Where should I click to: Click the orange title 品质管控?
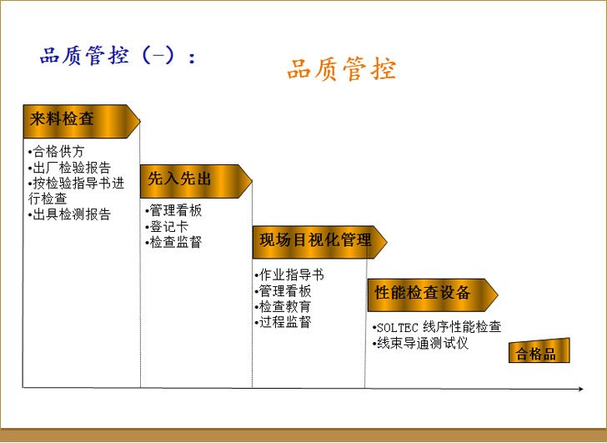(342, 69)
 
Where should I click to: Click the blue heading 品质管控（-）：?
(118, 55)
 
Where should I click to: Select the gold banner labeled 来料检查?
(82, 121)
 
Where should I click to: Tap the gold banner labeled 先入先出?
(196, 181)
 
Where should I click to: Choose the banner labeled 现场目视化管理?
(320, 242)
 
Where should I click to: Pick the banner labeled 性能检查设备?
(433, 294)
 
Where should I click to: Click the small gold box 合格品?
(539, 351)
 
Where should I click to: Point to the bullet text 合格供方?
(57, 151)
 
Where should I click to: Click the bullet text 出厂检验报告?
(70, 168)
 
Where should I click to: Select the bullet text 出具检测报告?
(70, 214)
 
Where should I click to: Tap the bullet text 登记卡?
(167, 227)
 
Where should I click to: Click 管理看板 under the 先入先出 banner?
(173, 211)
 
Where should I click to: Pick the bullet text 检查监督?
(173, 243)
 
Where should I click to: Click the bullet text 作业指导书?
(289, 275)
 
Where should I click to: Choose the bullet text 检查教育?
(283, 307)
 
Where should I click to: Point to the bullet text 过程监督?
(283, 322)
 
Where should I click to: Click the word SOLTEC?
(398, 328)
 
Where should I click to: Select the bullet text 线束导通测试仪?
(420, 343)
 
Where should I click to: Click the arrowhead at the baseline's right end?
(580, 389)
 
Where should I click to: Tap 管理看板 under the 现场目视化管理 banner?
(283, 291)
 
